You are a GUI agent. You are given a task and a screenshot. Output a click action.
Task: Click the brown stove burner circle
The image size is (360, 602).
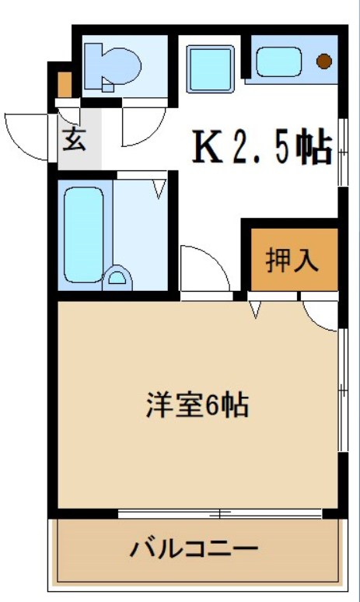pos(323,61)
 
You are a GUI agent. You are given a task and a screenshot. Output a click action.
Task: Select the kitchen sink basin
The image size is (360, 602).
pos(278,61)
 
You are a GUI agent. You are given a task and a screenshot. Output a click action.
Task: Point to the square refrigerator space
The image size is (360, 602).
pos(211,66)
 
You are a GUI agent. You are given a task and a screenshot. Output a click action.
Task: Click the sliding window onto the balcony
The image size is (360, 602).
pos(220,513)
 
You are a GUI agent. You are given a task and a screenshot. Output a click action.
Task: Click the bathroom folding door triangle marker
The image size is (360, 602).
pos(160,187)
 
